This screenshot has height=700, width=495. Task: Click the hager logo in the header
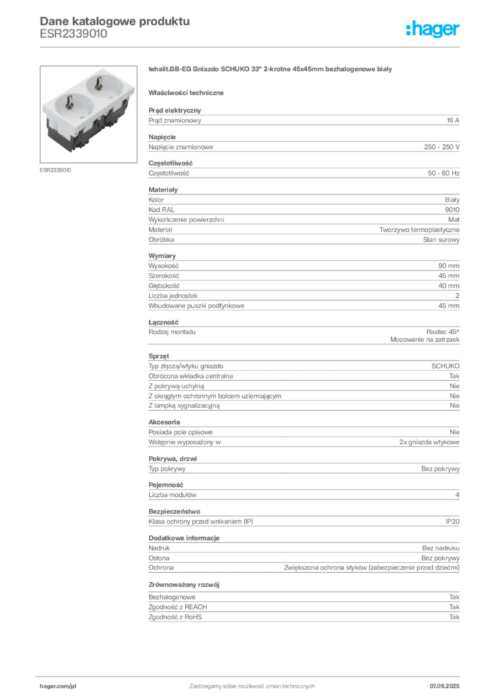[432, 29]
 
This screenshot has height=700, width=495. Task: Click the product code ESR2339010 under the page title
[73, 34]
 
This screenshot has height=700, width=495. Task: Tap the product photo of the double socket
[88, 114]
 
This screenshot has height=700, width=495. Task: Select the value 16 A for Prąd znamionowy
[453, 120]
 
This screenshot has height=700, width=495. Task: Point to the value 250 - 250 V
[442, 147]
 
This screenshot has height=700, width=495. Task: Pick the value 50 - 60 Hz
[443, 173]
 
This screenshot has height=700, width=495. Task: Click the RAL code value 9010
[452, 210]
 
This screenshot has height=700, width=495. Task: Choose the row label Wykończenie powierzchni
[186, 219]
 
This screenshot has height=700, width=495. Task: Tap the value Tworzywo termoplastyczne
[419, 230]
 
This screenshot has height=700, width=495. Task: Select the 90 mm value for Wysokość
[449, 266]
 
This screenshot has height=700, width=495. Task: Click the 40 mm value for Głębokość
[449, 286]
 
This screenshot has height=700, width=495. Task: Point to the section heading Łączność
[163, 323]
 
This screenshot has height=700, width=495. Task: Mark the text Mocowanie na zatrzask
[425, 340]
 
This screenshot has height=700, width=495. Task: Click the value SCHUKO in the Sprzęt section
[445, 366]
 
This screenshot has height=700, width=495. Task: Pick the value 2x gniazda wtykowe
[429, 442]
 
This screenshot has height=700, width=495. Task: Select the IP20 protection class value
[452, 522]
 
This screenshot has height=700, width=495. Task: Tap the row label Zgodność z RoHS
[175, 617]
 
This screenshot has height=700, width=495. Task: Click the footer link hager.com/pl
[58, 686]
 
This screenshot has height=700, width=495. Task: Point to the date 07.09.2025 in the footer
[444, 686]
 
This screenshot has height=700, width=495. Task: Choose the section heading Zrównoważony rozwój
[184, 585]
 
